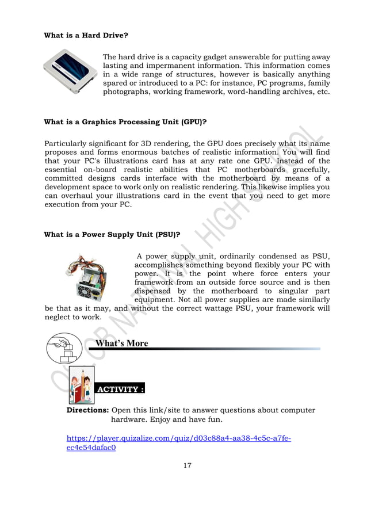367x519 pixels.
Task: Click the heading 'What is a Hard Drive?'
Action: [x=86, y=35]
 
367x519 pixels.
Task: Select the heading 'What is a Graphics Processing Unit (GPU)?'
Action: [x=125, y=122]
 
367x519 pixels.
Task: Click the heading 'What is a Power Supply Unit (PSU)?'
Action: [x=112, y=234]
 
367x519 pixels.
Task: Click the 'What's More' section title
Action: [x=121, y=344]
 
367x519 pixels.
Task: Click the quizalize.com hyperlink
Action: [x=178, y=443]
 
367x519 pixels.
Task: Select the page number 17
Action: [x=188, y=465]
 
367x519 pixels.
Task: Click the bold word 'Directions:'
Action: [x=88, y=410]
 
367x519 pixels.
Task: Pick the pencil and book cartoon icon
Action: [x=81, y=385]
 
